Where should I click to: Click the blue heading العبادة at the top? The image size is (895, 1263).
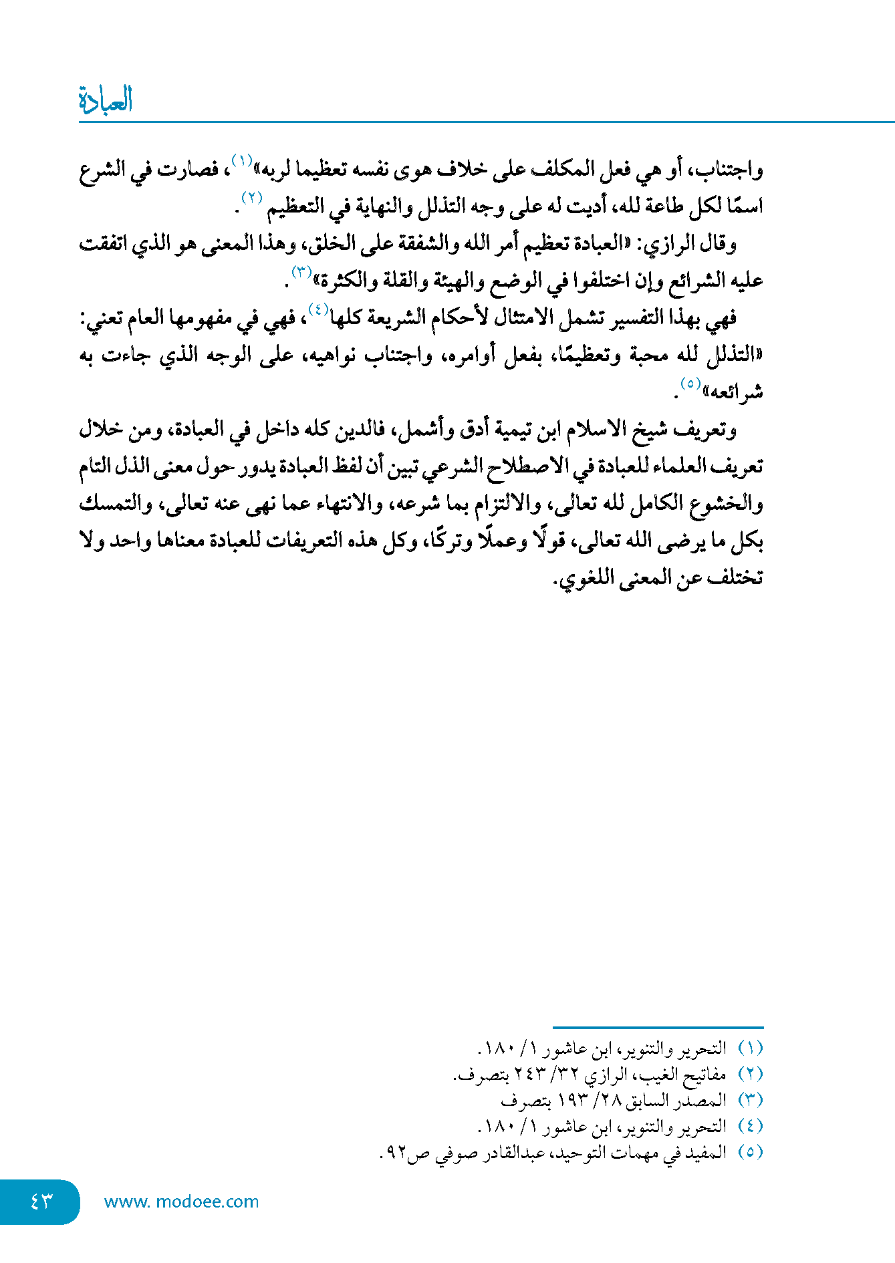[x=106, y=100]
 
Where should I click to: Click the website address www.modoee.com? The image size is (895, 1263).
[x=181, y=1202]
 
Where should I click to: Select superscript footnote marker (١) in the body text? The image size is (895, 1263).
[x=241, y=160]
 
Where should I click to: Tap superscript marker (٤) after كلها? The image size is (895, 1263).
[x=317, y=309]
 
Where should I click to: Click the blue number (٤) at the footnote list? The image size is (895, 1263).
[x=750, y=1127]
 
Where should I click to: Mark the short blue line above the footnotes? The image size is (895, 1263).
[x=658, y=1027]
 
